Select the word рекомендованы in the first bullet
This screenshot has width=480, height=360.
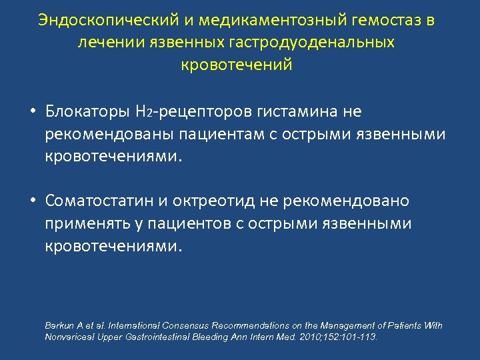tap(110, 135)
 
